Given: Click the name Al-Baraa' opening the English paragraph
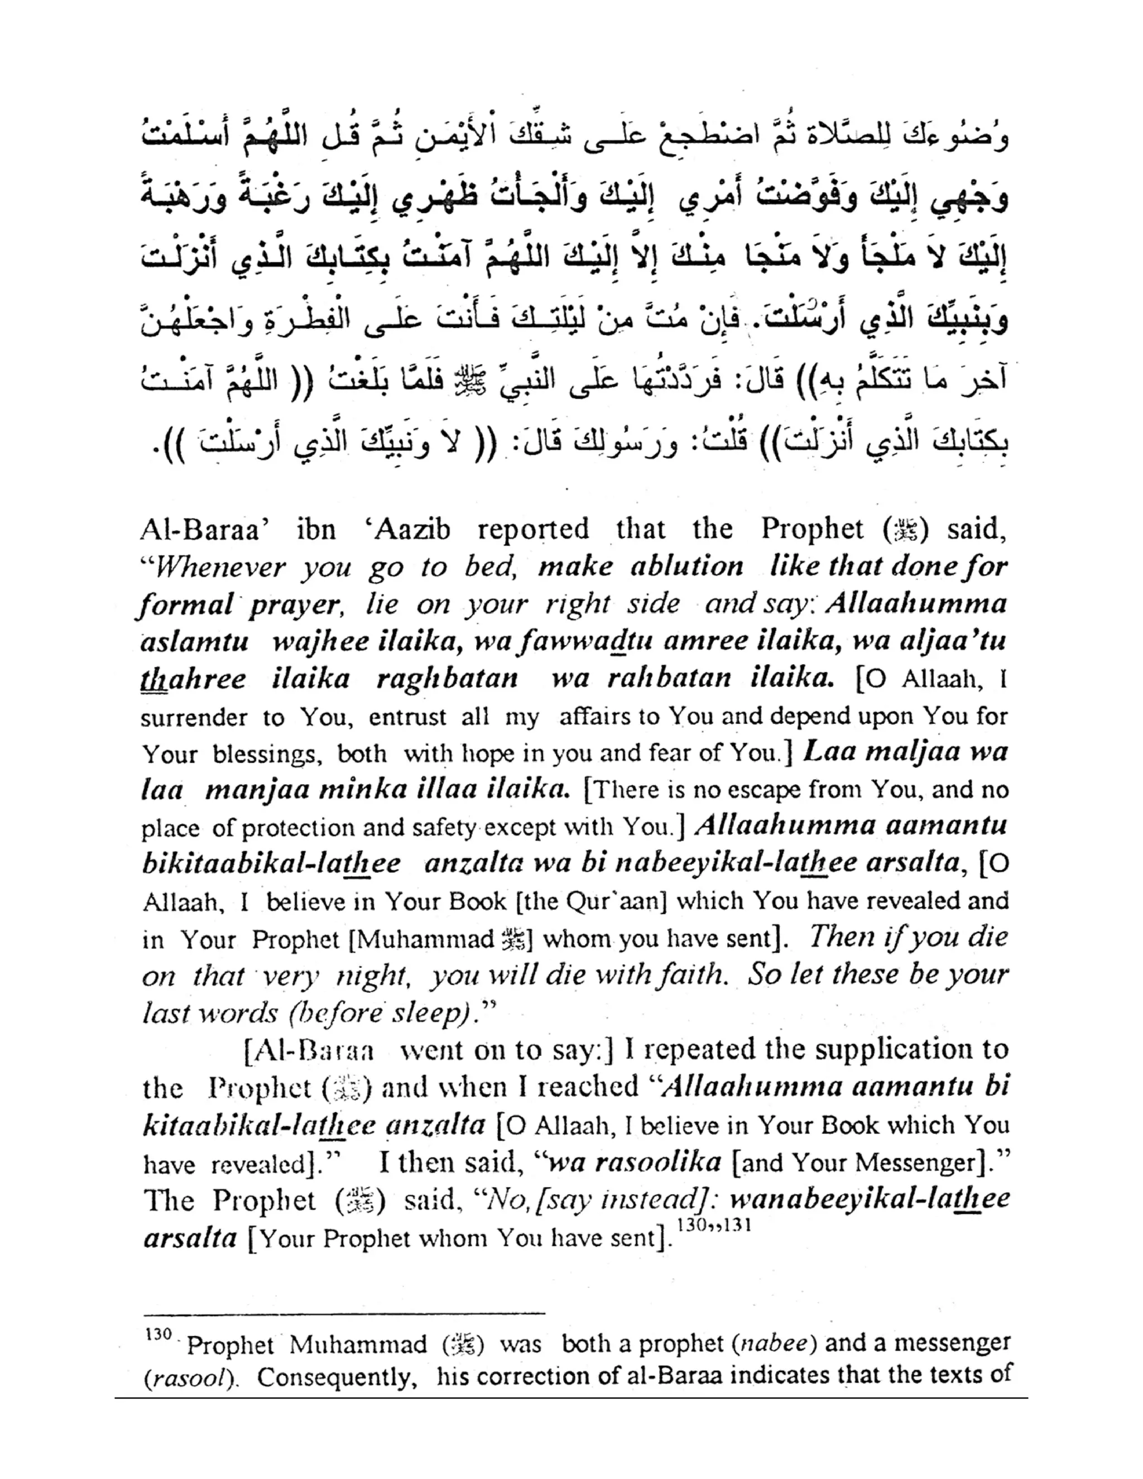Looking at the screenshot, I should click(200, 530).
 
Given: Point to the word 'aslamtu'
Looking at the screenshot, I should click(194, 641).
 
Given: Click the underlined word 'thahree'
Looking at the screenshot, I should click(193, 679).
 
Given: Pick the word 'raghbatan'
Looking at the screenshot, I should click(447, 679).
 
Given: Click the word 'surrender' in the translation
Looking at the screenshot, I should click(194, 718).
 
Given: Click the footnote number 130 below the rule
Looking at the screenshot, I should click(158, 1335).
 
